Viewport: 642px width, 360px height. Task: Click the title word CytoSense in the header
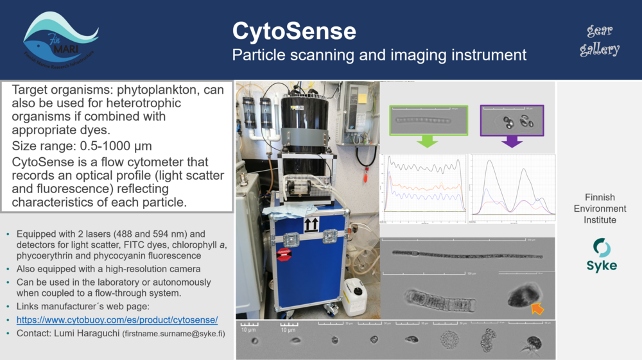point(294,31)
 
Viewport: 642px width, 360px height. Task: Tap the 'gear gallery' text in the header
point(600,40)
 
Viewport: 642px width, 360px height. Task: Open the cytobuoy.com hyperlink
point(117,320)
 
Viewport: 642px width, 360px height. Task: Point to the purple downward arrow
point(512,141)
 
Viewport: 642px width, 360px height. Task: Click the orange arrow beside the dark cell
point(537,309)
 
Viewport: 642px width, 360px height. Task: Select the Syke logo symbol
point(601,248)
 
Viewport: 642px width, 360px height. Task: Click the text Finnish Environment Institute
point(600,209)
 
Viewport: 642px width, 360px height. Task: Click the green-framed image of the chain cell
point(428,120)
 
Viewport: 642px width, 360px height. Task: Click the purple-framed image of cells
point(512,120)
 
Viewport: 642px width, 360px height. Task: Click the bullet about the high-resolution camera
point(108,270)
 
